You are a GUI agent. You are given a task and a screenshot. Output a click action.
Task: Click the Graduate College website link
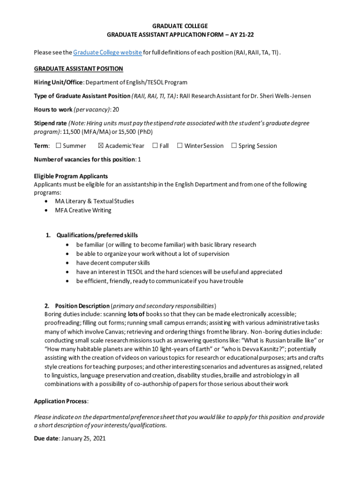click(x=108, y=52)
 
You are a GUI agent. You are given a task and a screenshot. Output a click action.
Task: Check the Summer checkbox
click(x=58, y=146)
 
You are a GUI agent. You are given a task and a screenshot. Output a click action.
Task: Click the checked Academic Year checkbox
click(x=101, y=146)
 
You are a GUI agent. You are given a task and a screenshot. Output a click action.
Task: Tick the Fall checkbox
click(x=155, y=146)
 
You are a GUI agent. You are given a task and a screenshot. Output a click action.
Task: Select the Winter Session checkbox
click(x=180, y=146)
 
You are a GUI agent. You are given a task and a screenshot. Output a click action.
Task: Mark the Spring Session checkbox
click(x=234, y=146)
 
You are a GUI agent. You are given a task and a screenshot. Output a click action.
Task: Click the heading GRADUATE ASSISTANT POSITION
click(x=79, y=69)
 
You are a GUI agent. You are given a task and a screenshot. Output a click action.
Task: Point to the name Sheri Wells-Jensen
click(x=285, y=96)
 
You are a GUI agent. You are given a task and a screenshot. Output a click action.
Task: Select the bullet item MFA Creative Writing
click(x=83, y=210)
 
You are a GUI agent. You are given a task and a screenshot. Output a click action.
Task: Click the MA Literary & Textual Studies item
click(x=94, y=201)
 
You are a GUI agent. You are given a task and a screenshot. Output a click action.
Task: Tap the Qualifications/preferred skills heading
click(x=97, y=235)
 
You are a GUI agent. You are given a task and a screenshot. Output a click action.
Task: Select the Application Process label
click(x=60, y=401)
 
